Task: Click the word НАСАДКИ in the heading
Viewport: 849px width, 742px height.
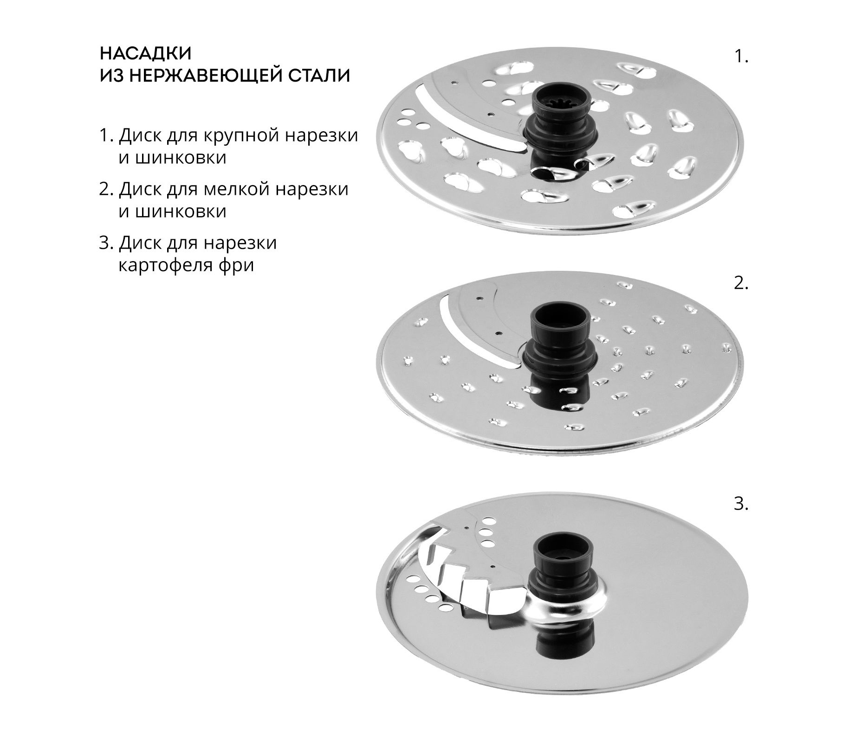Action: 146,53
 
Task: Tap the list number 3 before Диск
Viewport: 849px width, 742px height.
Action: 106,243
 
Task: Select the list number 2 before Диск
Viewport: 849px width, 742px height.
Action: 106,189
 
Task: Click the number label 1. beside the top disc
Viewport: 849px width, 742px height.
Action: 741,57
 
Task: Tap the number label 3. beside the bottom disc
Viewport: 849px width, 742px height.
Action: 741,504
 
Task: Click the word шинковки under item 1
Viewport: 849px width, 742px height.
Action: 172,158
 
